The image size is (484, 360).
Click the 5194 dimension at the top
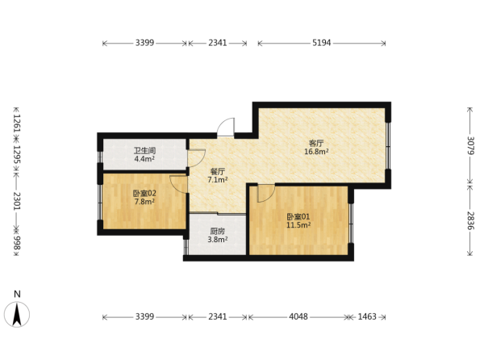[321, 43]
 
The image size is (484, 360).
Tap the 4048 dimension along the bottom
[298, 316]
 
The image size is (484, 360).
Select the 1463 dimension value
[367, 316]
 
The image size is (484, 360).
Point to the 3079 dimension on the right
[470, 145]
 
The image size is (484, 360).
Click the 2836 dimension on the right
[470, 220]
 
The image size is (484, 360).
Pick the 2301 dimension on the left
[17, 201]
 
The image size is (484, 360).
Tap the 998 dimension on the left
[17, 243]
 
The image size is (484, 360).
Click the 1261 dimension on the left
[17, 123]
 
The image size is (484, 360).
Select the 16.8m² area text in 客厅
[316, 152]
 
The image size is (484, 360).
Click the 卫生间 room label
[144, 151]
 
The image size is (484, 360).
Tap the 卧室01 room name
[298, 217]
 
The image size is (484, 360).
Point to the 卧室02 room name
[144, 194]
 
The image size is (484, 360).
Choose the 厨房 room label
[218, 231]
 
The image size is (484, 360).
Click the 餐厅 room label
[218, 172]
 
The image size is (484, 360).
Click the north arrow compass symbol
[17, 314]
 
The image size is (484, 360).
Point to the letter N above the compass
[17, 294]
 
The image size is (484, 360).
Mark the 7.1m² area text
[218, 180]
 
